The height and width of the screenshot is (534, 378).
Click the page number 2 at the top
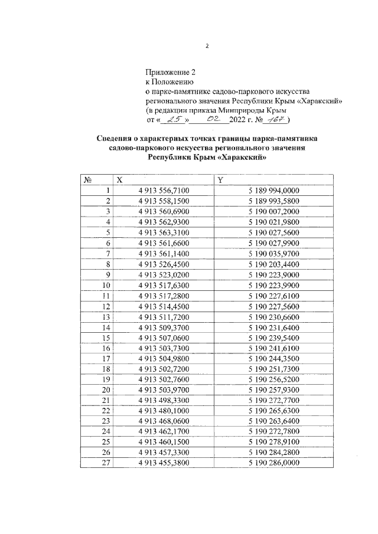pos(207,46)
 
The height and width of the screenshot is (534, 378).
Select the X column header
pos(120,180)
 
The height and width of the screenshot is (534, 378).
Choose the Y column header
pos(219,180)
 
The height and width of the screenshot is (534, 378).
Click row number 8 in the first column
pos(108,263)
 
